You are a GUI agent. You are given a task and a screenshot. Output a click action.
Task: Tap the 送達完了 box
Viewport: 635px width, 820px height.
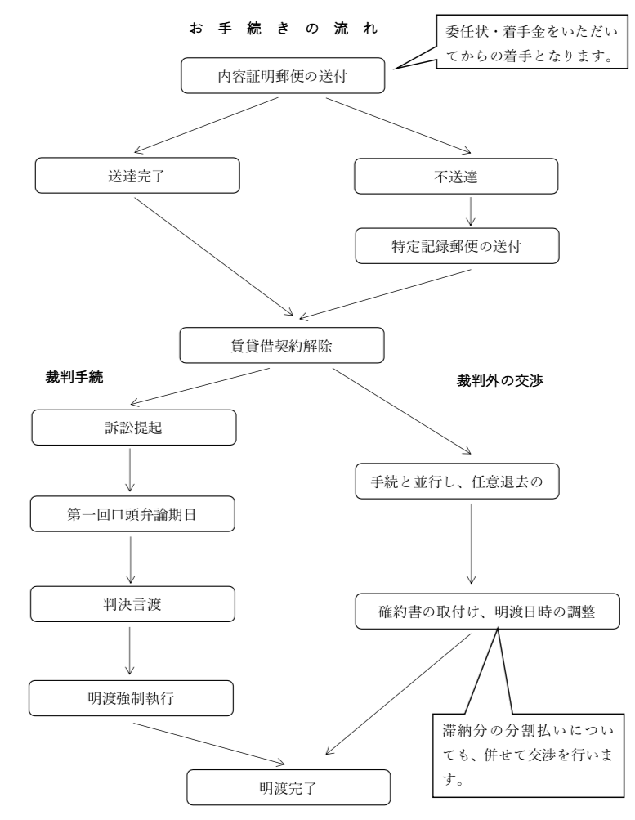138,174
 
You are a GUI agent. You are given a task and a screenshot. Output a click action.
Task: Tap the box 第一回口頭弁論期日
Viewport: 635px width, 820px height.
134,515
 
